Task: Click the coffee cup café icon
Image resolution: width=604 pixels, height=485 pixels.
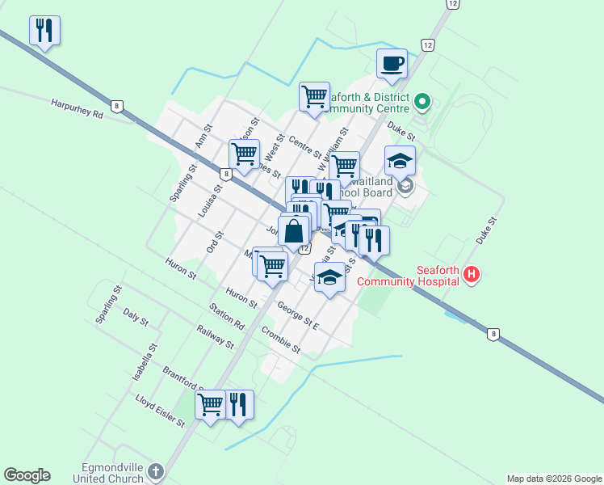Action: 392,63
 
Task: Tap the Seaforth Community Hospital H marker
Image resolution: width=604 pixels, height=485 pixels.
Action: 472,276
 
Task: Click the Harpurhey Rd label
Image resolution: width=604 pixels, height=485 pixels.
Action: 77,109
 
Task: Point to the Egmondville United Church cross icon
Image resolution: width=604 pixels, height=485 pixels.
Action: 156,470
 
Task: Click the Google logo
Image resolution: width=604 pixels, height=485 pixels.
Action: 27,475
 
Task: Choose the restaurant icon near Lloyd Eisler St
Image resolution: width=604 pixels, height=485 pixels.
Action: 237,403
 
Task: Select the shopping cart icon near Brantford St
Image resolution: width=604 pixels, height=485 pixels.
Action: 210,403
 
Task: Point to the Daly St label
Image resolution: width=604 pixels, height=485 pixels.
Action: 136,317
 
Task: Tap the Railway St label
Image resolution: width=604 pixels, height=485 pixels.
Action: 215,336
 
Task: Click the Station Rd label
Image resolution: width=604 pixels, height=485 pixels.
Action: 226,316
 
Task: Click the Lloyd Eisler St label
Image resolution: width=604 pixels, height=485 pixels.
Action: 160,411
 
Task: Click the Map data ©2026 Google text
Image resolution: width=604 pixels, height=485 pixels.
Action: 553,479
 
